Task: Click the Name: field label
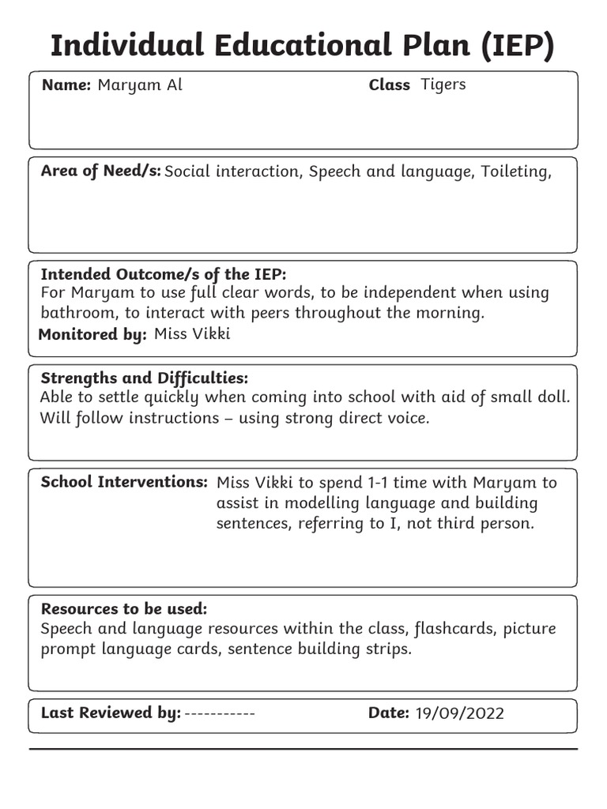pos(66,85)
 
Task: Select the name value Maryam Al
pos(140,85)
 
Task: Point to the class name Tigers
pos(443,85)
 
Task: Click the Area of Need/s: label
pos(100,171)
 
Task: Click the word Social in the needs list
pos(190,171)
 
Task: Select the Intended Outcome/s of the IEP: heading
pos(163,274)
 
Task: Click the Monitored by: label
pos(92,334)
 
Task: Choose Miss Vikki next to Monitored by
pos(192,333)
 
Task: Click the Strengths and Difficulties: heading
pos(144,378)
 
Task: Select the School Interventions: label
pos(124,482)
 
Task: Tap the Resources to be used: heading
pos(124,609)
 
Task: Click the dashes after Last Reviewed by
pos(220,713)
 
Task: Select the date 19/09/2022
pos(459,714)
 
